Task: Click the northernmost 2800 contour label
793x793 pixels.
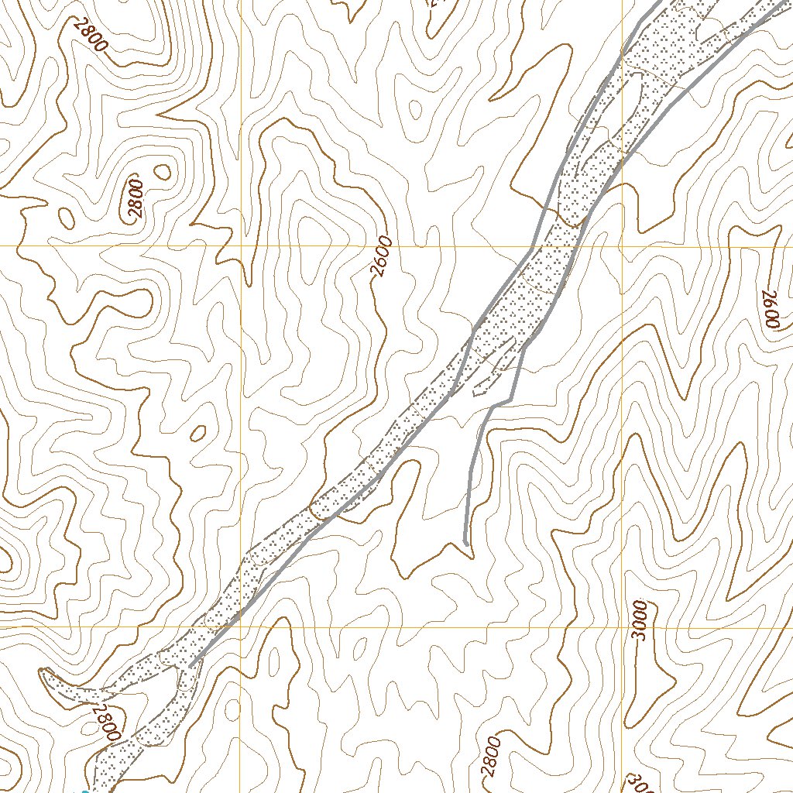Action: pyautogui.click(x=91, y=35)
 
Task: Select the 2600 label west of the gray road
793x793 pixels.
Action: pyautogui.click(x=382, y=257)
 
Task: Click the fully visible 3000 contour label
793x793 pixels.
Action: pyautogui.click(x=640, y=620)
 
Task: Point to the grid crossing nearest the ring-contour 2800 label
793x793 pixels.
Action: pyautogui.click(x=241, y=246)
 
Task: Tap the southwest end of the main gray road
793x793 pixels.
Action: pyautogui.click(x=191, y=664)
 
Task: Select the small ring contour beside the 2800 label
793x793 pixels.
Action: pyautogui.click(x=163, y=171)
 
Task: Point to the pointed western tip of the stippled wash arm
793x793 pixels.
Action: pyautogui.click(x=43, y=671)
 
